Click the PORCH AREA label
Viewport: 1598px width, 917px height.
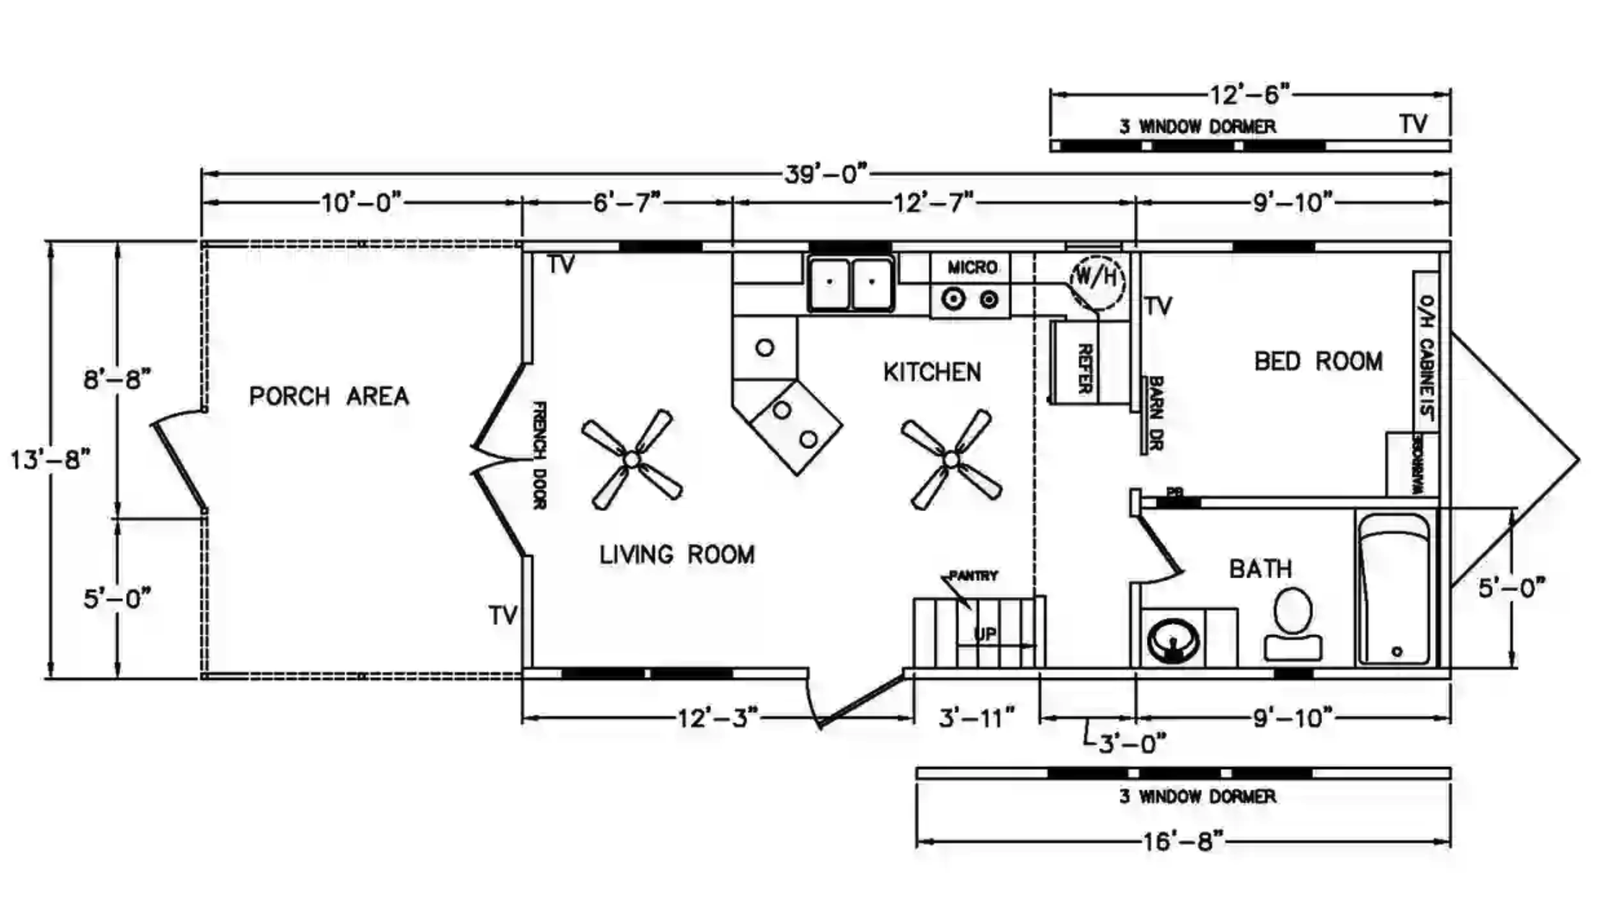pos(329,396)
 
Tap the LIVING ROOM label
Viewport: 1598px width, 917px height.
pos(677,554)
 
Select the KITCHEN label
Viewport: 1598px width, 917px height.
pos(932,372)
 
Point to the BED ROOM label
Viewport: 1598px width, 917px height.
pos(1318,361)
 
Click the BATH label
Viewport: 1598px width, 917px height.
pos(1260,569)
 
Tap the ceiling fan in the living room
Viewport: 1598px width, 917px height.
pos(632,459)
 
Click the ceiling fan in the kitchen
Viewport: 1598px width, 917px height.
pos(951,459)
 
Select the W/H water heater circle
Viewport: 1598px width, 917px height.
pos(1097,278)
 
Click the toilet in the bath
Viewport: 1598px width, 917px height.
pos(1293,624)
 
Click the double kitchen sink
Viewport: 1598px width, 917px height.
pos(851,283)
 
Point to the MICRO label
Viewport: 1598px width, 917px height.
pos(972,267)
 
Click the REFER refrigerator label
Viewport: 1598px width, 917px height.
pos(1084,368)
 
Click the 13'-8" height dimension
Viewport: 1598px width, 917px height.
pos(50,459)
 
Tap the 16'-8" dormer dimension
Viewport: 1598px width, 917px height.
pos(1182,841)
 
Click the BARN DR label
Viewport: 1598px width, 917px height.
pos(1154,413)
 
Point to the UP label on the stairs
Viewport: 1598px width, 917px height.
pos(985,634)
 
